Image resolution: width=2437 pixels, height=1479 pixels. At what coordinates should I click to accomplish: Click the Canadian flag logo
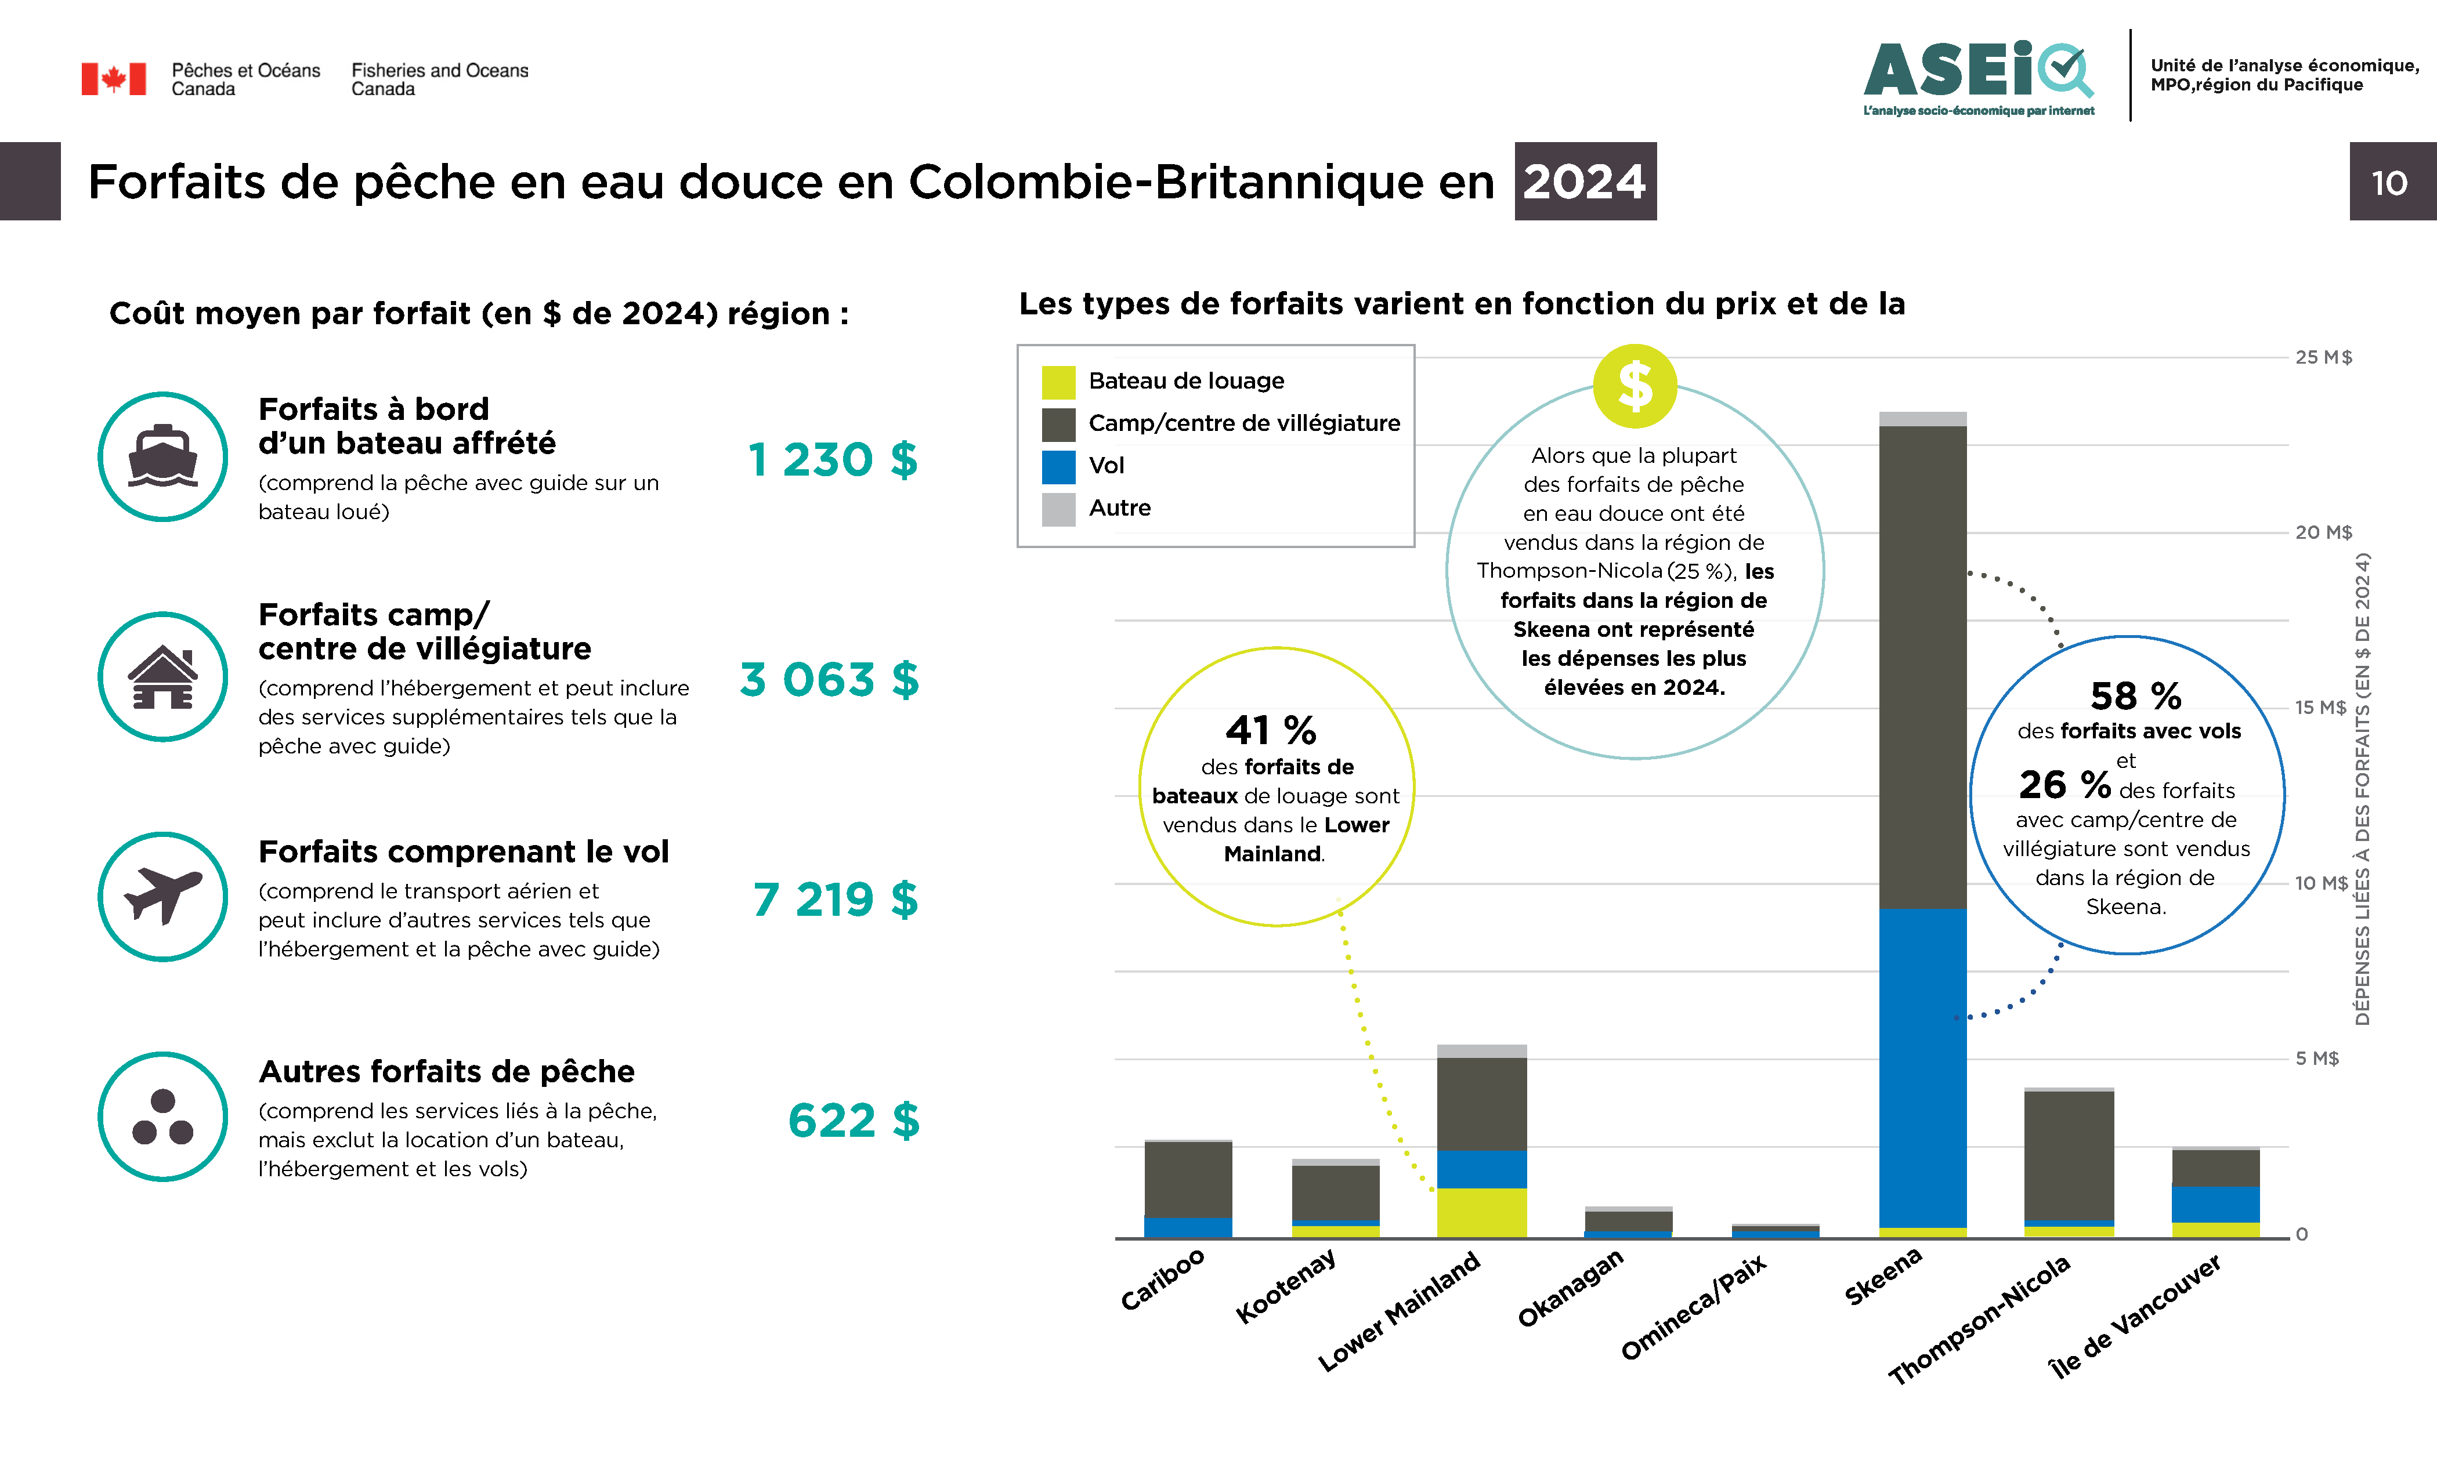114,79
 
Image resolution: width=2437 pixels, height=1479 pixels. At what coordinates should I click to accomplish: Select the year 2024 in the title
1585,182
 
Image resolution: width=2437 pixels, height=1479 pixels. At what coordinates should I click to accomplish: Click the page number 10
2389,183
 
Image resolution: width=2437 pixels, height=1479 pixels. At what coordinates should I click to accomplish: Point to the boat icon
163,457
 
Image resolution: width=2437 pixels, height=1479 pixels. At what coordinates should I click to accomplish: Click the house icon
163,677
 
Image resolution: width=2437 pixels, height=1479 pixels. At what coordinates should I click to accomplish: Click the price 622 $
854,1120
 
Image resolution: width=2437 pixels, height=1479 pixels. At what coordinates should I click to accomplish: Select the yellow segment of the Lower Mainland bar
1481,1212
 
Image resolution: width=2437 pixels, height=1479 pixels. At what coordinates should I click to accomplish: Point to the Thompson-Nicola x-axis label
1979,1320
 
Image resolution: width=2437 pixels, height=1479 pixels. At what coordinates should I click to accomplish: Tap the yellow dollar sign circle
1635,386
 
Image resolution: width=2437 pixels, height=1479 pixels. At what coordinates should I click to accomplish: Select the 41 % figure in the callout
1271,731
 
